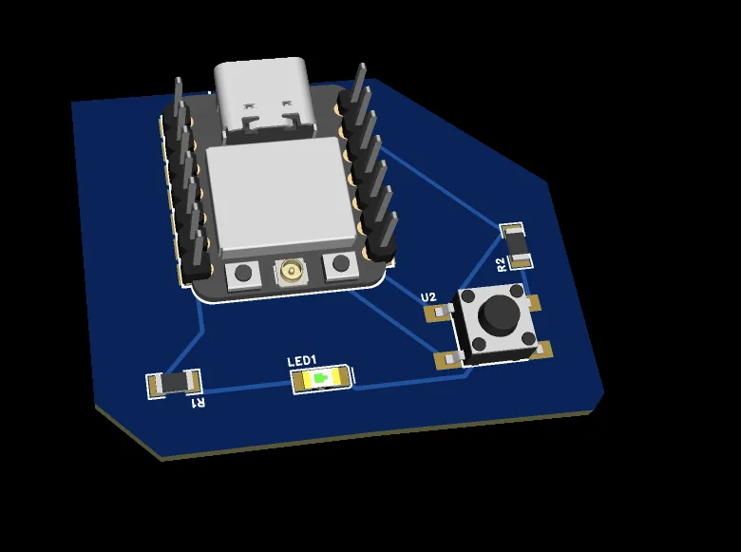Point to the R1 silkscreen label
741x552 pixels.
199,403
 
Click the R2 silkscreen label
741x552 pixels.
501,263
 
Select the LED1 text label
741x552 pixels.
301,362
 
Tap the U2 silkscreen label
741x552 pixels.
428,297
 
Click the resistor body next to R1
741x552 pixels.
173,383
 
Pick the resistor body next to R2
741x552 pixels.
518,244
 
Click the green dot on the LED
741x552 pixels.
321,379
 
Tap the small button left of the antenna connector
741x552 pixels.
243,274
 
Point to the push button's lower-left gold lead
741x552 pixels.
446,359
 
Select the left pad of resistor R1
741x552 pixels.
154,385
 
